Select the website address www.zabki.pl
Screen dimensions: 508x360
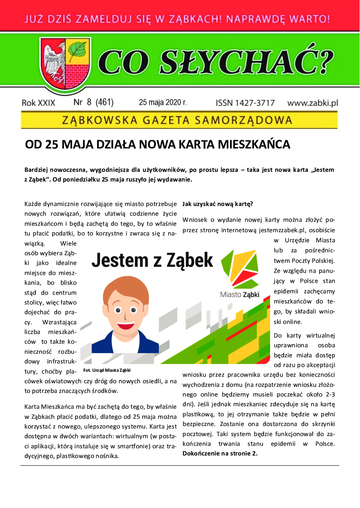pyautogui.click(x=313, y=103)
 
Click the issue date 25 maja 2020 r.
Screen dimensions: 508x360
pyautogui.click(x=163, y=102)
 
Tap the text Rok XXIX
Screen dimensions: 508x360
pyautogui.click(x=38, y=103)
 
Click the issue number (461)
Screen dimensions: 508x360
pyautogui.click(x=105, y=102)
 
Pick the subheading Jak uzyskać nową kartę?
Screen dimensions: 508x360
pyautogui.click(x=218, y=204)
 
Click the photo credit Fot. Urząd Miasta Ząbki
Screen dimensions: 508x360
pyautogui.click(x=107, y=370)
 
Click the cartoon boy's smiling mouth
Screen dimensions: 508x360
pyautogui.click(x=126, y=326)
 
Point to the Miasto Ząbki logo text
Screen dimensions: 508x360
pyautogui.click(x=240, y=294)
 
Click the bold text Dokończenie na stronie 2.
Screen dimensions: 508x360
pyautogui.click(x=220, y=453)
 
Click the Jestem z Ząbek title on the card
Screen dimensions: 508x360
pyautogui.click(x=152, y=260)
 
